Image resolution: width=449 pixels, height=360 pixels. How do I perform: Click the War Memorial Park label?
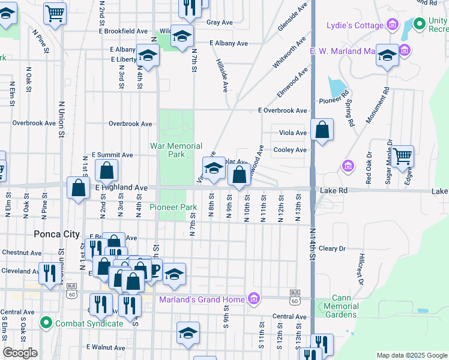click(176, 150)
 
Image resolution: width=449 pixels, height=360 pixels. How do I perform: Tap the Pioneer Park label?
click(173, 207)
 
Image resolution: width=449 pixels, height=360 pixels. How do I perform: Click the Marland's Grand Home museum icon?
click(254, 299)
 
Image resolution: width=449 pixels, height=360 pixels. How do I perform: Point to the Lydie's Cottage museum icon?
click(393, 25)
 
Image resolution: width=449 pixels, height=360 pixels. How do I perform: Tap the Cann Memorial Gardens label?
click(341, 306)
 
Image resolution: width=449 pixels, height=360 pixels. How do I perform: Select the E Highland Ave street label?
click(121, 188)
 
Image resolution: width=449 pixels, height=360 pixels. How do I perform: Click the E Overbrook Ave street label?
click(282, 111)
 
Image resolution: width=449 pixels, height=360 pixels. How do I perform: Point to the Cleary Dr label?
click(333, 248)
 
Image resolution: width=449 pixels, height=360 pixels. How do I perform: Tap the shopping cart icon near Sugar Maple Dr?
click(402, 156)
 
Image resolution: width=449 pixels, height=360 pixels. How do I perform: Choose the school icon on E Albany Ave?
click(182, 37)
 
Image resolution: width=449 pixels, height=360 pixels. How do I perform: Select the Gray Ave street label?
click(219, 23)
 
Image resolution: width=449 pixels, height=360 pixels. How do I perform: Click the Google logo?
click(20, 353)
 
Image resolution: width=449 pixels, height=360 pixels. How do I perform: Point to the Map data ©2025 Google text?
click(411, 355)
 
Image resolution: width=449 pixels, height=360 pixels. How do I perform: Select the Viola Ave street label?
click(293, 133)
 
